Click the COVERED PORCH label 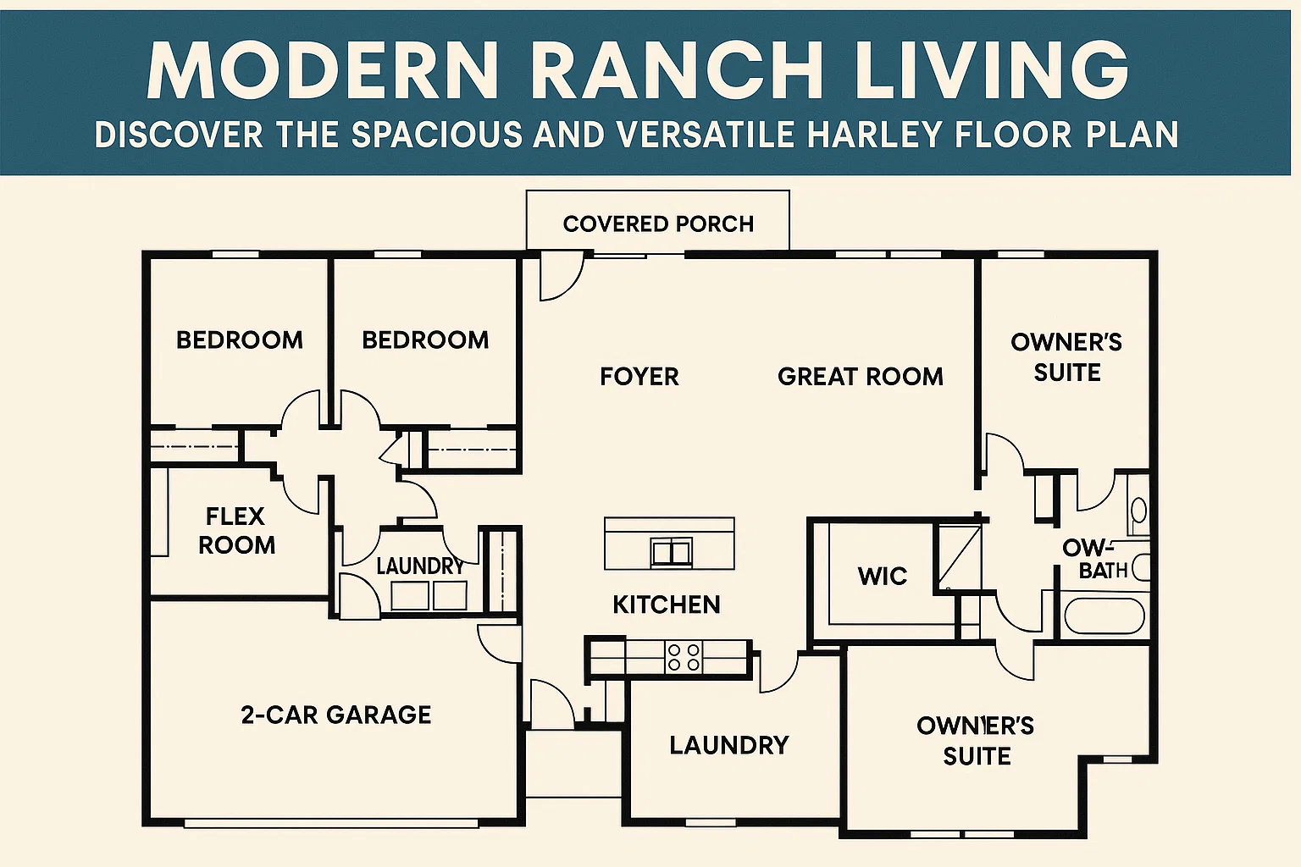point(658,224)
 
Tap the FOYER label point(639,376)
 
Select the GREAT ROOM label point(860,376)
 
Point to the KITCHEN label point(667,604)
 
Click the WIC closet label point(882,576)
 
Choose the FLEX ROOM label point(236,530)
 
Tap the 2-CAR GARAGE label point(336,715)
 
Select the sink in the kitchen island point(671,552)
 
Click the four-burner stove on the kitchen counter point(684,657)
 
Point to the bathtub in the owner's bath point(1104,616)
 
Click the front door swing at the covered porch point(560,276)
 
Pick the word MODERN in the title point(323,71)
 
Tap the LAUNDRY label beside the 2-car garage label point(728,745)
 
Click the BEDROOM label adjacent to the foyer point(425,340)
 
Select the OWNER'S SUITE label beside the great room point(1066,357)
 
